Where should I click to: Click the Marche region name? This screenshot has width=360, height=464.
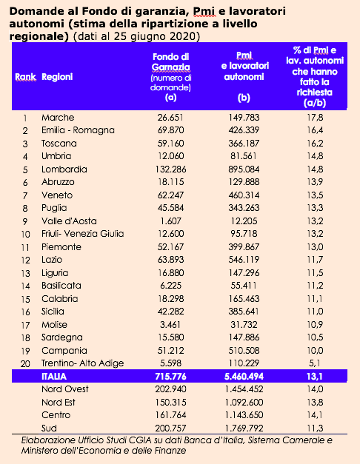click(58, 118)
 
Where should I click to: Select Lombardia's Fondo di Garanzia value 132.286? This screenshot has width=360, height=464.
click(170, 169)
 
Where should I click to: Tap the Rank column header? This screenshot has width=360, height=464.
click(25, 77)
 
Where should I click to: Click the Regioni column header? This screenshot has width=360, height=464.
click(57, 77)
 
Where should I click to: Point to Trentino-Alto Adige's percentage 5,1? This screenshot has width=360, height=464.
click(315, 363)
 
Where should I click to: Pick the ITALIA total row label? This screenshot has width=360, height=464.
click(54, 377)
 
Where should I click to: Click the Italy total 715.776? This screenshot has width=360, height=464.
click(170, 377)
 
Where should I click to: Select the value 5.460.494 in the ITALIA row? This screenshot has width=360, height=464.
click(244, 377)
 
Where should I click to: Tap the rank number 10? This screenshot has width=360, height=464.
click(25, 235)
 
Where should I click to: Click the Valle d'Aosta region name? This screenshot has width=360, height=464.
click(69, 221)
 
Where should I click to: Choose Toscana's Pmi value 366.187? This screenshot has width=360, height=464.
click(244, 144)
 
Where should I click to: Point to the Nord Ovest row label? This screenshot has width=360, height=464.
click(65, 389)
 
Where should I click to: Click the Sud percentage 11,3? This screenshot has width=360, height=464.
click(315, 428)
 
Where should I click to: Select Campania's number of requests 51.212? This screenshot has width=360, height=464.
click(170, 351)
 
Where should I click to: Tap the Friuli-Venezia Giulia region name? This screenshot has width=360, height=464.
click(83, 234)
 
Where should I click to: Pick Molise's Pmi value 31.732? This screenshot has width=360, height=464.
click(244, 325)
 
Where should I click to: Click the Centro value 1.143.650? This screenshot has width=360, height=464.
click(244, 415)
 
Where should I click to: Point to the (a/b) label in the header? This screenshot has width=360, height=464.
click(315, 103)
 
